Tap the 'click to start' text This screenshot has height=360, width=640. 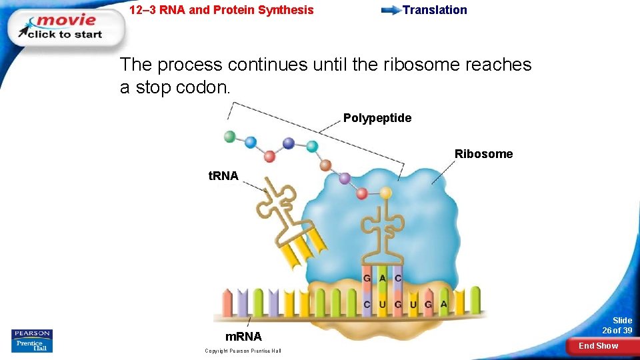tap(65, 35)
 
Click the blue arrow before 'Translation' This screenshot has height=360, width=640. tap(390, 11)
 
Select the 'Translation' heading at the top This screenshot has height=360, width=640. tap(435, 10)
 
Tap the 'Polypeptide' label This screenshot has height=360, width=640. tap(377, 118)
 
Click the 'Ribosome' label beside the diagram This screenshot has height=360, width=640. tap(483, 154)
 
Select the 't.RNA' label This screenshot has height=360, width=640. tap(223, 176)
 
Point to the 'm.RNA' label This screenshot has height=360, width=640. tap(243, 337)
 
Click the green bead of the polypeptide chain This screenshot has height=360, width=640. tap(230, 137)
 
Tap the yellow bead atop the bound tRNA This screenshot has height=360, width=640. tap(386, 193)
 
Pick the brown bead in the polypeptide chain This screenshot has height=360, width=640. tap(325, 165)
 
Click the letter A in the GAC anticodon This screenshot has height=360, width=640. tap(383, 277)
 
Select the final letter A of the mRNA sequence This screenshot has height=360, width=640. tap(443, 304)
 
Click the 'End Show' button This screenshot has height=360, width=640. tap(598, 345)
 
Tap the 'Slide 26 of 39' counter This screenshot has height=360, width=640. tap(617, 325)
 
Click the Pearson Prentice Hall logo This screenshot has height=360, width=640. tap(31, 340)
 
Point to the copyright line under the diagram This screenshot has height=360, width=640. tap(243, 351)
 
